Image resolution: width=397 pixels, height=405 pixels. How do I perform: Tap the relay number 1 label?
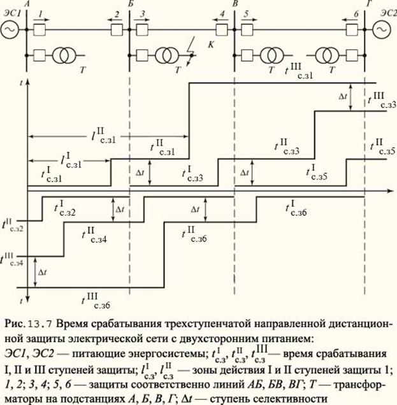[40, 13]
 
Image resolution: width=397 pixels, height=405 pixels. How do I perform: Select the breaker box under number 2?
[117, 30]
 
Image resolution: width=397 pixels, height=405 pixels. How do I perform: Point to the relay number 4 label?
[222, 13]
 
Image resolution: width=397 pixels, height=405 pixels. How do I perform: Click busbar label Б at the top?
[130, 4]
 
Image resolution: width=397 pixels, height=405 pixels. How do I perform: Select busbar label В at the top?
[236, 4]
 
